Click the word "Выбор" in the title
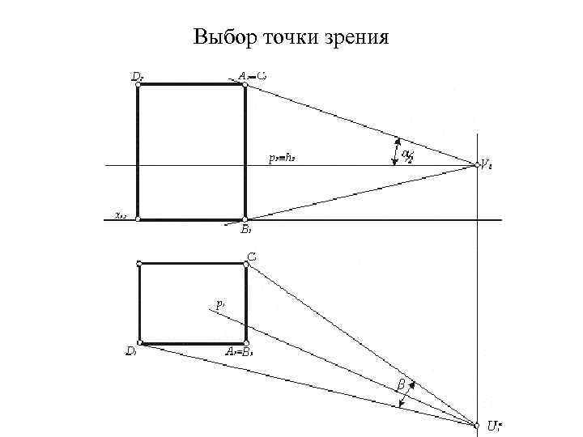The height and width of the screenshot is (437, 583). pyautogui.click(x=221, y=38)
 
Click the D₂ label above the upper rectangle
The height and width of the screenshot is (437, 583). pyautogui.click(x=138, y=76)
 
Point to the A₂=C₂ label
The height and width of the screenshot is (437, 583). pyautogui.click(x=253, y=76)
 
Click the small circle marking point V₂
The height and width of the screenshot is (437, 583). pyautogui.click(x=477, y=166)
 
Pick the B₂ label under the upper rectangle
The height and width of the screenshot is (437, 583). pyautogui.click(x=246, y=229)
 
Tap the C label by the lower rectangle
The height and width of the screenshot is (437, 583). pyautogui.click(x=252, y=257)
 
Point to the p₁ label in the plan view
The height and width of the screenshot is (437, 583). pyautogui.click(x=219, y=304)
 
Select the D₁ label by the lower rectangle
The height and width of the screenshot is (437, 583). pyautogui.click(x=130, y=351)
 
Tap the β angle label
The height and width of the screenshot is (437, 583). pyautogui.click(x=401, y=383)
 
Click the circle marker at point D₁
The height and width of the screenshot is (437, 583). pyautogui.click(x=140, y=343)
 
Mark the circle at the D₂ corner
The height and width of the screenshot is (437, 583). pyautogui.click(x=138, y=84)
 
